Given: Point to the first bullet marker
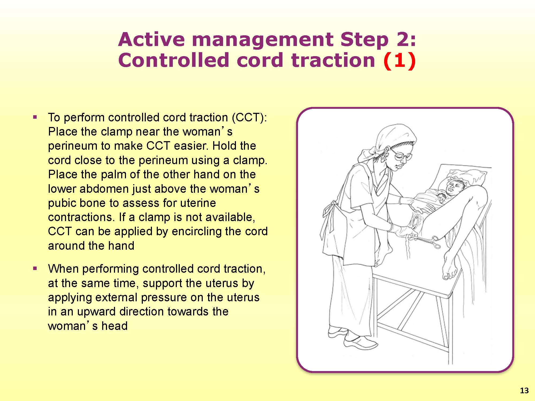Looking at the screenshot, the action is [x=35, y=117].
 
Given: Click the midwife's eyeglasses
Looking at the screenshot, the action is [x=400, y=155].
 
